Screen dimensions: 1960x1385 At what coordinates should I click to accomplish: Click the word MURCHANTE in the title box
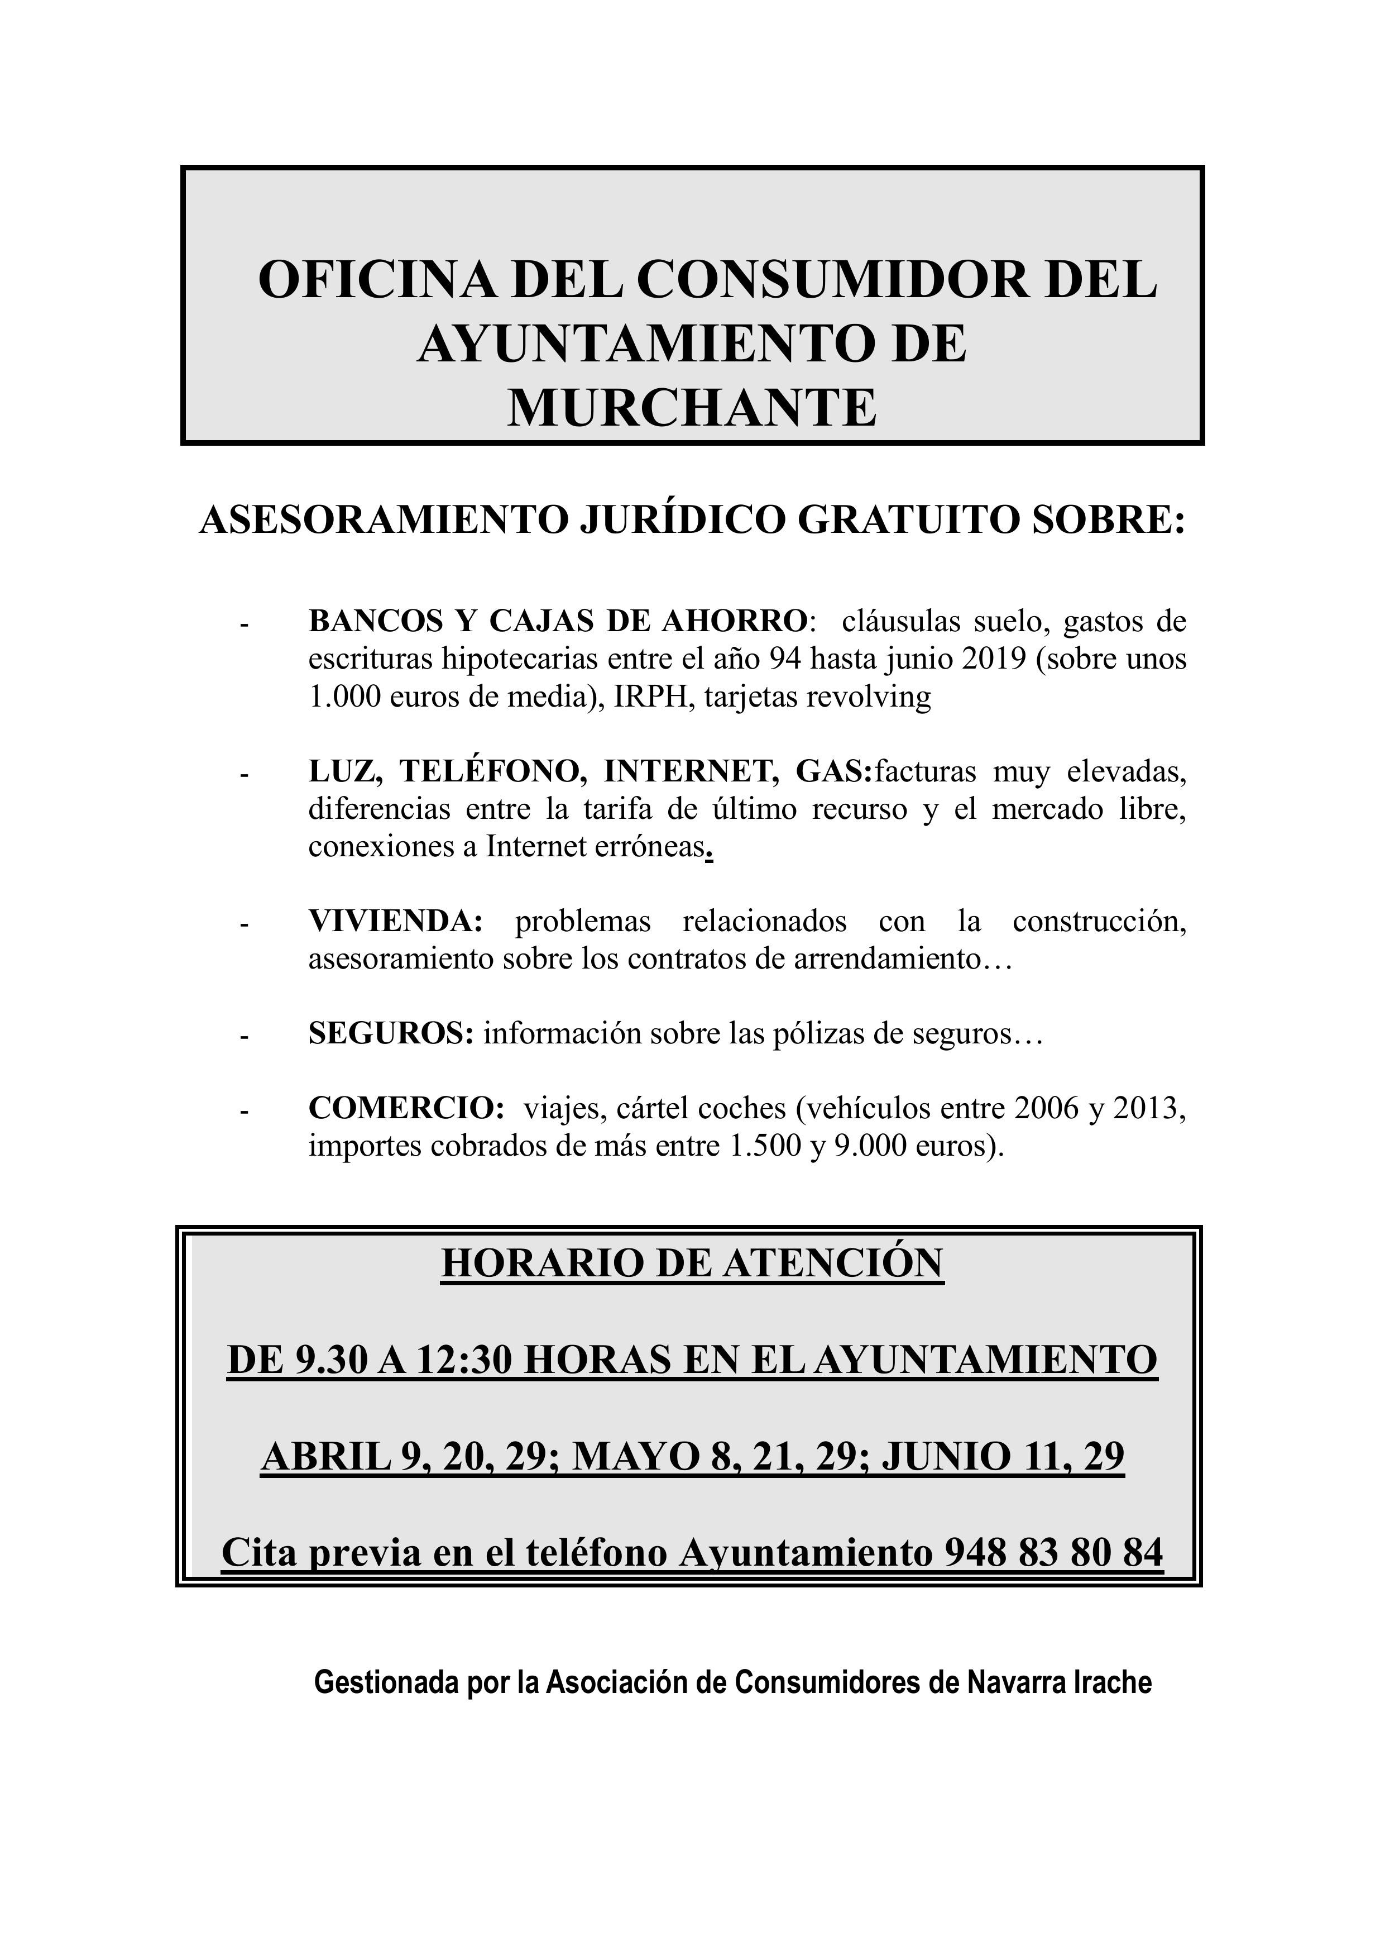click(x=692, y=407)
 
